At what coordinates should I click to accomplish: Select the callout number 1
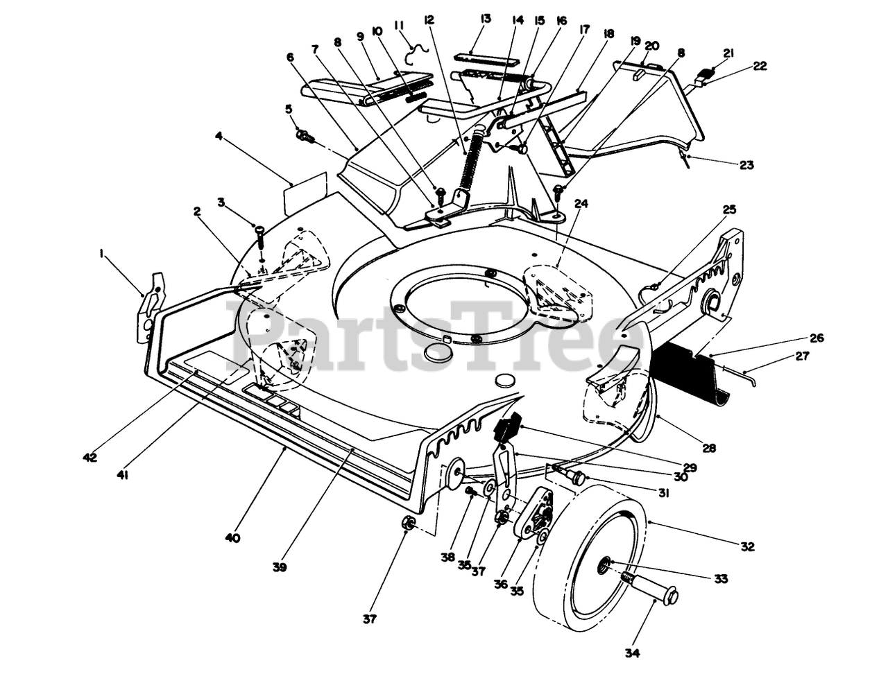point(102,254)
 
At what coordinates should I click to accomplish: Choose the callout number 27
point(801,356)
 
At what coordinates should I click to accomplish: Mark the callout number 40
point(232,537)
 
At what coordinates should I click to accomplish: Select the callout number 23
point(746,165)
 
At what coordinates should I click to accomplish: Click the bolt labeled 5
point(305,135)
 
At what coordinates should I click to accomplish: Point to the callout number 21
point(728,53)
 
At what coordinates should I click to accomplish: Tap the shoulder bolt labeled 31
point(573,476)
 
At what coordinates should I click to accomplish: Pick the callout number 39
point(279,567)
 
